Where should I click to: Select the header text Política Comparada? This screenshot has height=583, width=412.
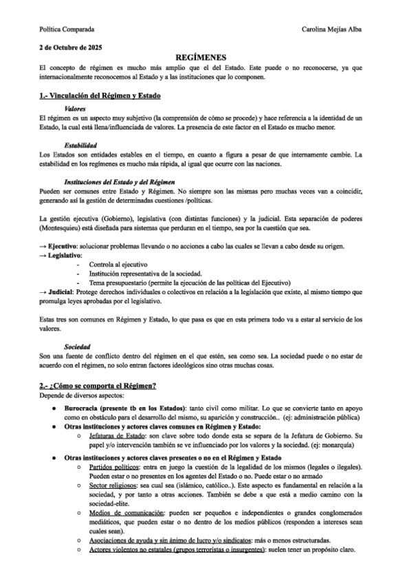[67, 30]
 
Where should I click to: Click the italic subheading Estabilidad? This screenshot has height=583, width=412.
[80, 145]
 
